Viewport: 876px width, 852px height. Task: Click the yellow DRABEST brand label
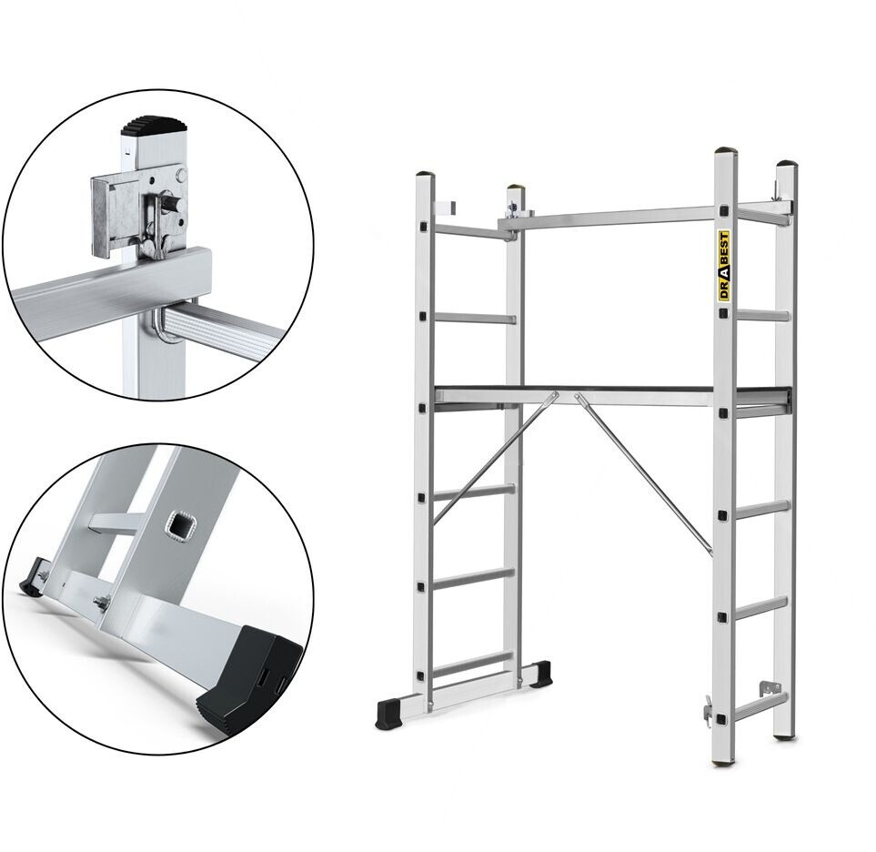[x=723, y=268]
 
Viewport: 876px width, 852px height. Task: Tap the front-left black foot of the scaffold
[x=390, y=713]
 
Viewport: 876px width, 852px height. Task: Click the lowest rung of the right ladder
[x=758, y=706]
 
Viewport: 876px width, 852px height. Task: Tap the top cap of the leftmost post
[x=425, y=175]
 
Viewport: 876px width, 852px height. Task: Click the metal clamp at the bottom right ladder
[x=770, y=687]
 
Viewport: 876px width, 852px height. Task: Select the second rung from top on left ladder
[x=474, y=318]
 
